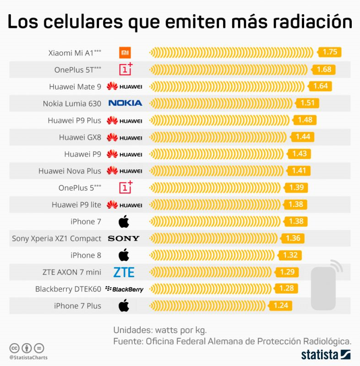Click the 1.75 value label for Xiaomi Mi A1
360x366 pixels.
coord(330,52)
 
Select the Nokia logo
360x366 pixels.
coord(125,103)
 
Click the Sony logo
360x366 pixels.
coord(124,238)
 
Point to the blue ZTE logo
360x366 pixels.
coord(124,272)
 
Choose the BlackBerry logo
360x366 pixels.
coord(124,289)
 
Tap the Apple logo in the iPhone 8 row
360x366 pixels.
coord(124,255)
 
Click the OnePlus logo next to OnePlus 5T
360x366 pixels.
coord(126,69)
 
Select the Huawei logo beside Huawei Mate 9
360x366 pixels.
coord(124,86)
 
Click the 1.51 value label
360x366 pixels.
coord(307,103)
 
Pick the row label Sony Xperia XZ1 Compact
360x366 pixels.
coord(56,238)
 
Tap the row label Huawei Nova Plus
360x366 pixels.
coord(70,171)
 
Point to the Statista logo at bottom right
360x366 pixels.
coord(326,354)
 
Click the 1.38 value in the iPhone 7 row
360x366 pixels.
coord(296,221)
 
